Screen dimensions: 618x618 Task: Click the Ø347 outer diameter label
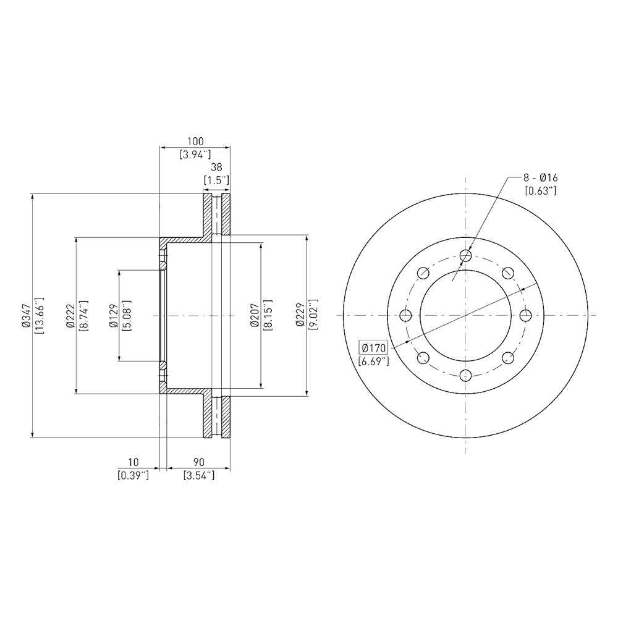tap(27, 316)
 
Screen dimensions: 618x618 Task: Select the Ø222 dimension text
tap(70, 316)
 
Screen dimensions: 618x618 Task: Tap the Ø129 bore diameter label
tap(114, 316)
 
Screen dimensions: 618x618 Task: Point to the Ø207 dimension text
tap(255, 315)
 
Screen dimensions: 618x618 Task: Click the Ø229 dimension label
tap(300, 315)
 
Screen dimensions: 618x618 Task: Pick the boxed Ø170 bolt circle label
tap(373, 348)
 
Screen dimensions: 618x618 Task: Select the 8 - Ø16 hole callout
tap(540, 178)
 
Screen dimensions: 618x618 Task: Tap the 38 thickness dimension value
tap(216, 167)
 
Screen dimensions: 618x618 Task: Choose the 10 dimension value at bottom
tap(133, 462)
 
